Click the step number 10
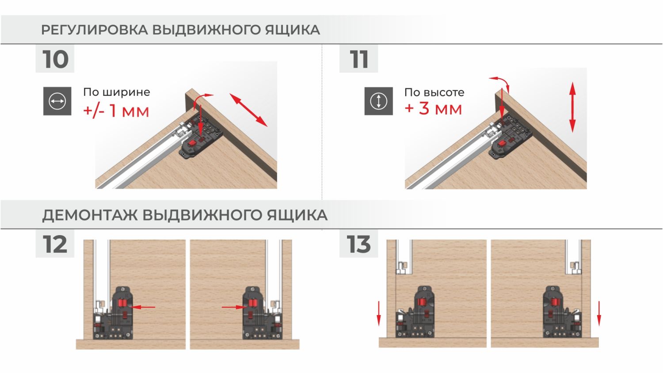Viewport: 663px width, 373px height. (55, 59)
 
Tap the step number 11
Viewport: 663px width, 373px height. (359, 59)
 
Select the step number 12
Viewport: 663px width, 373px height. (55, 244)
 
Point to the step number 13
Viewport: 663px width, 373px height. (358, 244)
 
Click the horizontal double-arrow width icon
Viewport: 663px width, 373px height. (57, 101)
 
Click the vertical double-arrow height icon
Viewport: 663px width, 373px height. (378, 101)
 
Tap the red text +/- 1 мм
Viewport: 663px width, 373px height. (116, 111)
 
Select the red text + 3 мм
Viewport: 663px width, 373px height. (433, 109)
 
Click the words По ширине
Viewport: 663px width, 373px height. (117, 92)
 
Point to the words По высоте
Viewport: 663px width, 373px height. (434, 92)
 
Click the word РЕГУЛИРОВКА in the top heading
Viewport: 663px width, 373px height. (95, 30)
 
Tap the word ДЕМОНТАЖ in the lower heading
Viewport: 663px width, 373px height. (90, 215)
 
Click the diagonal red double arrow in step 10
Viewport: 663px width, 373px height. (248, 110)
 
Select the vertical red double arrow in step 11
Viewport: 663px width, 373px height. (572, 107)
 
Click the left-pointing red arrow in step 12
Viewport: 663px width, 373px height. (142, 307)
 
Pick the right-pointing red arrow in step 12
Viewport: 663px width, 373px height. (234, 307)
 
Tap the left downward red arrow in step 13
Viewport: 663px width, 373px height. (378, 313)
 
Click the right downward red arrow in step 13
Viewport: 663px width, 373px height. (599, 313)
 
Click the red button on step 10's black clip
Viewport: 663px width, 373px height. (192, 144)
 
